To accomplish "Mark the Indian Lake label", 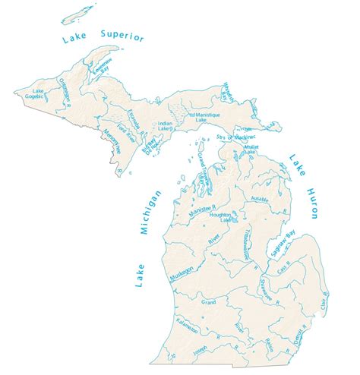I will pyautogui.click(x=165, y=125).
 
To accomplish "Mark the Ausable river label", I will pyautogui.click(x=257, y=200).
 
